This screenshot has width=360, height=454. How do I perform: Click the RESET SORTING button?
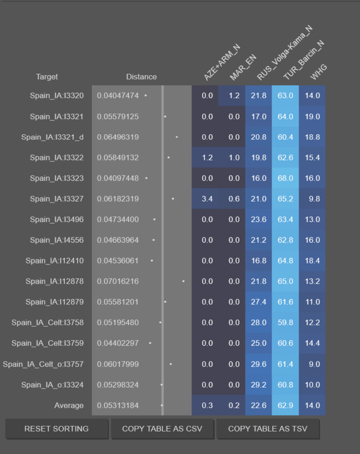coord(56,428)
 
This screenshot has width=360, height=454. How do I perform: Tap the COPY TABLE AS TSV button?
coord(267,428)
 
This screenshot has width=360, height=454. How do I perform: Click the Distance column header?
coord(141,77)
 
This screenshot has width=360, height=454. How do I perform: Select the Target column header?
coord(47,77)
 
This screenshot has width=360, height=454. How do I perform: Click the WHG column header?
coord(318,72)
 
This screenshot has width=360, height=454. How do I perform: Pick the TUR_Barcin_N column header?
coord(304,60)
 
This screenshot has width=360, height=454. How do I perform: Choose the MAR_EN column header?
coord(243,67)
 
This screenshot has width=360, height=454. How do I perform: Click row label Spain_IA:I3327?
coord(57,199)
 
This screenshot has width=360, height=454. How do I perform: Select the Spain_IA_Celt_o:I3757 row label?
coord(43,364)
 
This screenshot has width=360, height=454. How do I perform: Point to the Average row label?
coord(69,405)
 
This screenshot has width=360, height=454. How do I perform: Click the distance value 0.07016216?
coord(118,281)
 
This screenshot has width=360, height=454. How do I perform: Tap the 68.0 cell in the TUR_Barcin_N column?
coord(285,178)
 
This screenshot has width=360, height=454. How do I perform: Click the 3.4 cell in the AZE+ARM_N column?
coord(207,199)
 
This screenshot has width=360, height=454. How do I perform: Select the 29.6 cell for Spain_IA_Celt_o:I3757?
coord(259,364)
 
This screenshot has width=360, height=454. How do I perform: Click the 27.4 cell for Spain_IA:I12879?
coord(259,302)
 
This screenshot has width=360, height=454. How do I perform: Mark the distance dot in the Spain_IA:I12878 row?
coord(184,281)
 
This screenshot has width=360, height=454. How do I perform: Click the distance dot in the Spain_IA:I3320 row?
coord(146,95)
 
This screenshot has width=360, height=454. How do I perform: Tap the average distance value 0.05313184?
coord(118,405)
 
